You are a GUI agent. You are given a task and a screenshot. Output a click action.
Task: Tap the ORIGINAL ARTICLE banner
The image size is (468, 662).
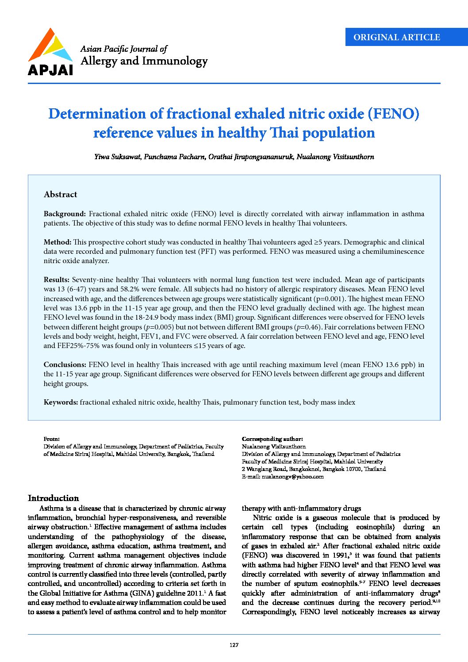click(396, 37)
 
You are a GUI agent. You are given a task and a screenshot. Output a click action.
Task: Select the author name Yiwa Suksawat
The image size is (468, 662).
click(117, 157)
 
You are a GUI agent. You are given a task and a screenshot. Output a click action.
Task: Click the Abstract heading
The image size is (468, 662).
click(61, 194)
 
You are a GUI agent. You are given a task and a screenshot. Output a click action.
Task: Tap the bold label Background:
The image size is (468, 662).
click(65, 214)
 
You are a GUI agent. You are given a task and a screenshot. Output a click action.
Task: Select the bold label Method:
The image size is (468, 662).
click(58, 242)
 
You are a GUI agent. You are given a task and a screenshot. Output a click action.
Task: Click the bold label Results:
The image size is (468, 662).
click(56, 280)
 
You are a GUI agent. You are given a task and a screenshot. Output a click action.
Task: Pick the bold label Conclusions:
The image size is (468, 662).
click(65, 365)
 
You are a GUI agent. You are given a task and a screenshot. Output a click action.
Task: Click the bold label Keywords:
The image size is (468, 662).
click(61, 402)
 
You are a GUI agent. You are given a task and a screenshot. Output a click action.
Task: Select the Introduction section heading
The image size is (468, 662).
click(54, 498)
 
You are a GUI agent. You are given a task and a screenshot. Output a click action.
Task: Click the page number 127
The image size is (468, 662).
click(234, 645)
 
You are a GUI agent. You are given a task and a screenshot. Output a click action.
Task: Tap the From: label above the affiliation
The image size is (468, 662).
click(51, 439)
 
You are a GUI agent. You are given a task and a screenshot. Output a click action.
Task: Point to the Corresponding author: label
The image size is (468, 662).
click(272, 439)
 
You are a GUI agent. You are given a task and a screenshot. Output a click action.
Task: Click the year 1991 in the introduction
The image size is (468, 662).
click(341, 555)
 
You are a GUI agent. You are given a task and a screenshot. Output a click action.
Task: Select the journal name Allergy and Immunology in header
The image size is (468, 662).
click(144, 61)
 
